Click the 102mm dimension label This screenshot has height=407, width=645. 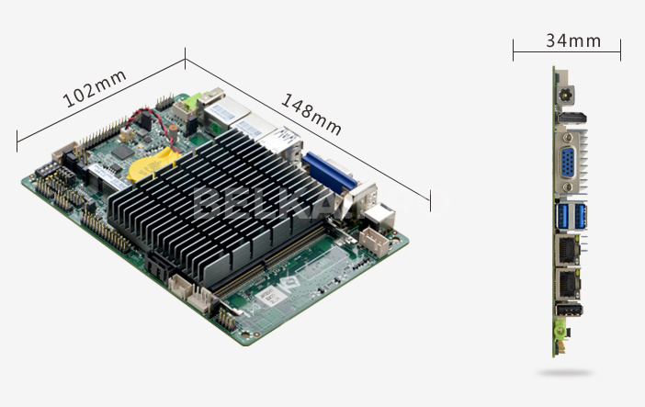(x=95, y=88)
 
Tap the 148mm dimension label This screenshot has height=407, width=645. (x=311, y=114)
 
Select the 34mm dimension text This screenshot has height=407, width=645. (x=573, y=40)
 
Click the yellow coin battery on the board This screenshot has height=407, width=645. (x=153, y=164)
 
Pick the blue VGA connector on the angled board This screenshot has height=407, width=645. (x=329, y=173)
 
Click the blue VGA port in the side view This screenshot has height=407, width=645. (x=568, y=163)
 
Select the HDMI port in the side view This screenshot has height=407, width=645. (x=571, y=118)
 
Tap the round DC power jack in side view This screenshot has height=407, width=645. (x=566, y=96)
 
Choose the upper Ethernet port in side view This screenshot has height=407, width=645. (x=568, y=249)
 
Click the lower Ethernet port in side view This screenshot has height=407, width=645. (x=568, y=284)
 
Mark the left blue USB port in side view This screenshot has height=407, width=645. (x=562, y=217)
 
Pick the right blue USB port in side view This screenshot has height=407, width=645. (x=581, y=217)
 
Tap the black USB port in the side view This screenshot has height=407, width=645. (x=570, y=310)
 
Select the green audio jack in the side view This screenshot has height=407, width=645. (x=559, y=330)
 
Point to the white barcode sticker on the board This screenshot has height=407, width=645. (x=271, y=295)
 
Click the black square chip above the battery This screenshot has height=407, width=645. (x=122, y=153)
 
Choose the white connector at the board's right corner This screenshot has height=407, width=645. (x=374, y=242)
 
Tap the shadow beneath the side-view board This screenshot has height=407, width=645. (x=565, y=373)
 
